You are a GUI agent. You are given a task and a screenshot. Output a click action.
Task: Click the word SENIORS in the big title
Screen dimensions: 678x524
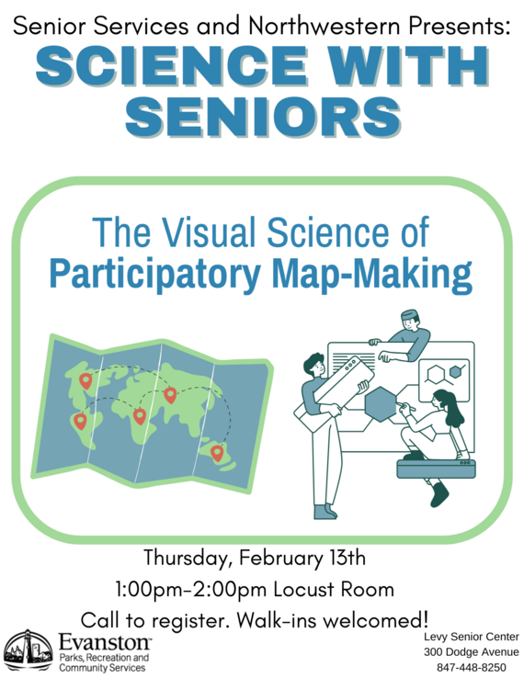point(262,117)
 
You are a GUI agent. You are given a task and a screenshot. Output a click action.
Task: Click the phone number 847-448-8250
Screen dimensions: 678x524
point(471,667)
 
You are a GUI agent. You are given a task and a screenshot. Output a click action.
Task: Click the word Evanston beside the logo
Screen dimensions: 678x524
point(104,640)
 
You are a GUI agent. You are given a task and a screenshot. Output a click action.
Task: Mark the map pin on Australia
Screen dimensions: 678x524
point(217,452)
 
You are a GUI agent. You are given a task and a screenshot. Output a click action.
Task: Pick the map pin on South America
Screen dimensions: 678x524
point(80,421)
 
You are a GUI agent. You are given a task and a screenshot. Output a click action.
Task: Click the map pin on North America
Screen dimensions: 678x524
point(85,379)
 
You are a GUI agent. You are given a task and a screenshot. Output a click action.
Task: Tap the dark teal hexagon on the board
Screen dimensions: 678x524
point(379,402)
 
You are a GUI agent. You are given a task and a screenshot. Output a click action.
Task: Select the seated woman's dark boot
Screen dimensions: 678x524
point(439,495)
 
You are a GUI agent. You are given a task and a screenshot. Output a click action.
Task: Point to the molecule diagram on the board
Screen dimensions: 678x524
point(445,375)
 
